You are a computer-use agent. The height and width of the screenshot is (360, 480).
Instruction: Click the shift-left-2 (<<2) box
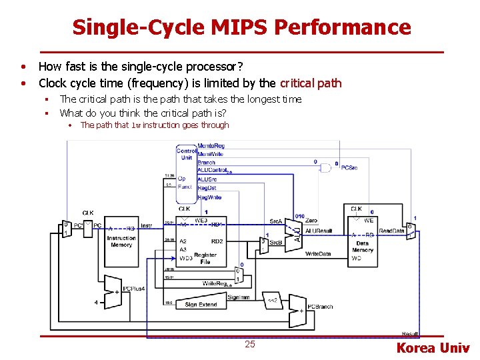[272, 300]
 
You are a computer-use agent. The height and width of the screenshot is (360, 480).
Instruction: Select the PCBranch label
[320, 307]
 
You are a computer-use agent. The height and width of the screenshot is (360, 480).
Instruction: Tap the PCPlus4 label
[133, 288]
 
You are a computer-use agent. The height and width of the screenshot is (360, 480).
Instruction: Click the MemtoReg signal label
[211, 145]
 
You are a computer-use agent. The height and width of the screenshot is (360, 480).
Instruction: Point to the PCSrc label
[349, 168]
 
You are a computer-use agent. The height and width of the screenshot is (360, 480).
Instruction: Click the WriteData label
[318, 254]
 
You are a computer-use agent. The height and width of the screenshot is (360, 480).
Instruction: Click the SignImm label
[238, 297]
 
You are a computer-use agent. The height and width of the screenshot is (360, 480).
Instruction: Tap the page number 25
[250, 344]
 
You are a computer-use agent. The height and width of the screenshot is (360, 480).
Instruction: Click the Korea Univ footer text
[433, 347]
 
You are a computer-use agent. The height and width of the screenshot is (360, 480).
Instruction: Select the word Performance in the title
[343, 27]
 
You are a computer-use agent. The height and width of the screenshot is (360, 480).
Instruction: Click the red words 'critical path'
[311, 83]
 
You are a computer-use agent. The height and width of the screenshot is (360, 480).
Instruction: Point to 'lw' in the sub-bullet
[135, 125]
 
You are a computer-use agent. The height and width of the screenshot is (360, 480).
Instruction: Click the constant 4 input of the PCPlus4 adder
[96, 302]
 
